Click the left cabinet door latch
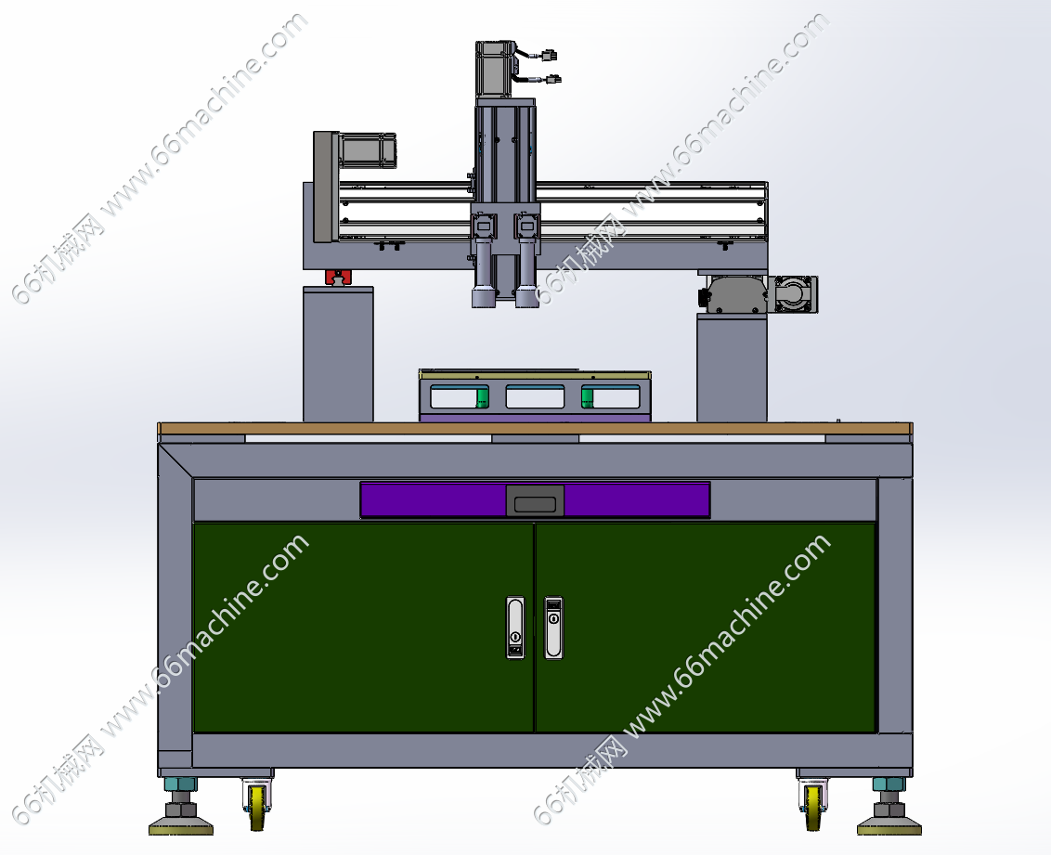click(514, 628)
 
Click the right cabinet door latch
click(553, 628)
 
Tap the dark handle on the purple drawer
click(535, 500)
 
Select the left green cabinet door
click(363, 628)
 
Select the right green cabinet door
click(706, 628)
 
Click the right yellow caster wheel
click(812, 808)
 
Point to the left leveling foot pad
click(181, 825)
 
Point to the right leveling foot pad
click(889, 825)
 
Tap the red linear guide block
click(339, 277)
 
